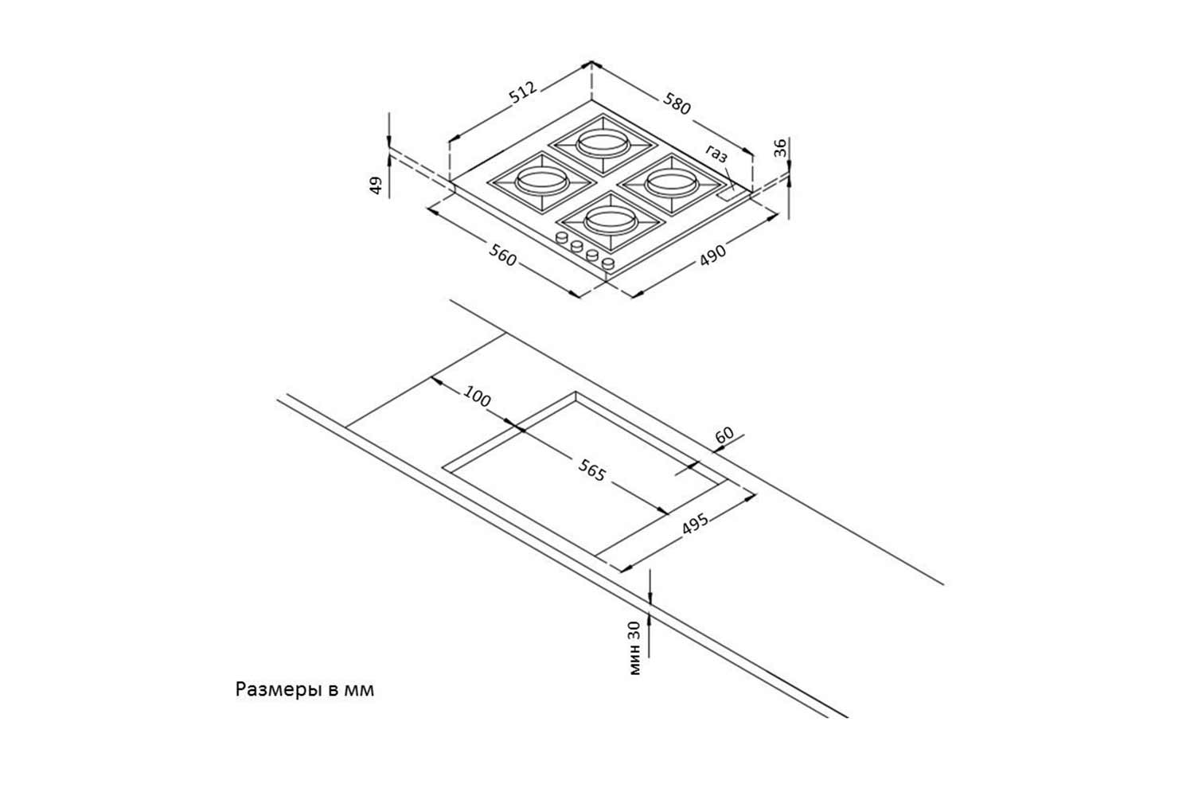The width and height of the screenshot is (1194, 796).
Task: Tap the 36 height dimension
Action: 780,147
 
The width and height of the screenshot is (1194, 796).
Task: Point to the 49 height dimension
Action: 376,185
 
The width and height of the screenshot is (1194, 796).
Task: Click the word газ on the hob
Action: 716,154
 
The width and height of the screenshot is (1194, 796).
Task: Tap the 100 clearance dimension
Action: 476,396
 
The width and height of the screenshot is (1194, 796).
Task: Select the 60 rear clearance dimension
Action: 724,435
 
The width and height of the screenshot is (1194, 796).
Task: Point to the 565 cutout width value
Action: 591,471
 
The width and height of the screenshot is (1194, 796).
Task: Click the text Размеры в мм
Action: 304,689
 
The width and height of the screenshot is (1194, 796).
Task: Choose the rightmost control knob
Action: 608,263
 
